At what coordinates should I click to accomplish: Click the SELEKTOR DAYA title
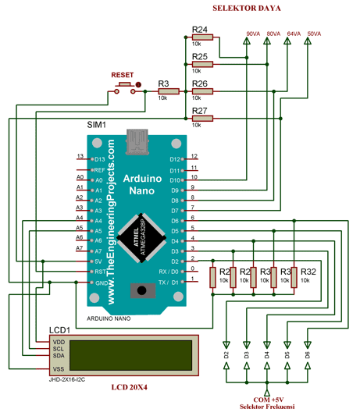[247, 9]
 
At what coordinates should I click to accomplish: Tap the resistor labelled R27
[200, 120]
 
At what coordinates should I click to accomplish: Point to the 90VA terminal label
[253, 34]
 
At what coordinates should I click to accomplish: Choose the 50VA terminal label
[314, 34]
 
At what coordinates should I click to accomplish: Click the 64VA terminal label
[294, 34]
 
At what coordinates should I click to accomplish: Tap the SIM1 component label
[96, 125]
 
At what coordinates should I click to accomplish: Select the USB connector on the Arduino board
[141, 144]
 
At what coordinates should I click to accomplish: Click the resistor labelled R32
[308, 271]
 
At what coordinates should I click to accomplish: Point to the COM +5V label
[268, 399]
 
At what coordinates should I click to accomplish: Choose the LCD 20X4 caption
[128, 387]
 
